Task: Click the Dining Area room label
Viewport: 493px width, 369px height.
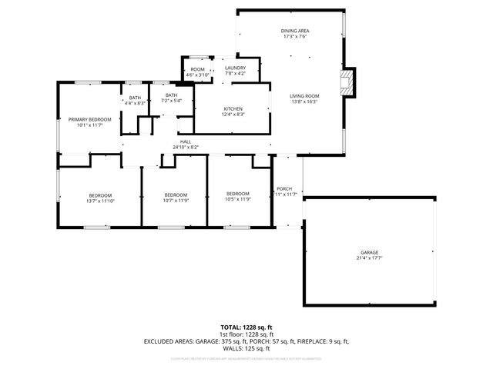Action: (x=295, y=31)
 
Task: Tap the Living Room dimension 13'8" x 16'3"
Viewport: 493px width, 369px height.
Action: (x=305, y=101)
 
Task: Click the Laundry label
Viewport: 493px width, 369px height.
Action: (x=236, y=68)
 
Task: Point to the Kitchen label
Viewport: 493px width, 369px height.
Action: (x=233, y=109)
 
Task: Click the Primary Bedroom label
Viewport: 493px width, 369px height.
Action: (x=89, y=119)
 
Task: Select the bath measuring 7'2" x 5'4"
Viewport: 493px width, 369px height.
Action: (x=170, y=95)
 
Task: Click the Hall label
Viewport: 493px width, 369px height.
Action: (x=186, y=141)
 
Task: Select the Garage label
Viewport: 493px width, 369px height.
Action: (x=369, y=253)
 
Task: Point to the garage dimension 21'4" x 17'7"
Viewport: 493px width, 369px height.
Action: (x=369, y=258)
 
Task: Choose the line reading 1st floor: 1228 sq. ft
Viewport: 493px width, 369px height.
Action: (x=246, y=335)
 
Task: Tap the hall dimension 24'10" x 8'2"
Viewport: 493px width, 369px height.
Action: (x=186, y=147)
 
